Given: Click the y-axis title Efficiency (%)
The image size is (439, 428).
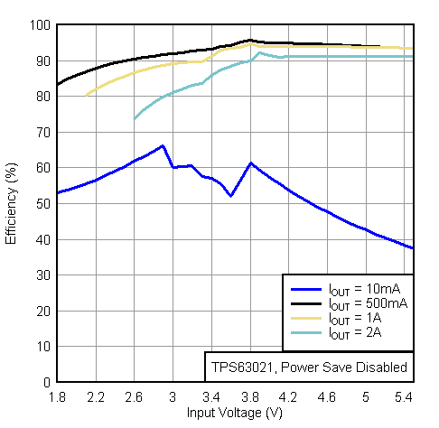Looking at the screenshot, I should tap(12, 203).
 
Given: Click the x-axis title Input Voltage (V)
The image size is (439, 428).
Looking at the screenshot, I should tap(235, 413).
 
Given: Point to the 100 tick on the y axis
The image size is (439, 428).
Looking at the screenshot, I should tap(39, 25).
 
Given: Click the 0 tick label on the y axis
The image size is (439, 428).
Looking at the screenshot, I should tap(45, 382).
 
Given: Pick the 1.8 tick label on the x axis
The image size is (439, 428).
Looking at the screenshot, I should tap(57, 397).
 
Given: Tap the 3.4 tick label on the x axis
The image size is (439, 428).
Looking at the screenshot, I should tap(211, 397).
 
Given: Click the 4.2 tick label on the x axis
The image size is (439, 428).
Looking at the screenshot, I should tap(288, 397).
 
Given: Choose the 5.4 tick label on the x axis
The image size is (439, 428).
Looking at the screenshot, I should tap(404, 397).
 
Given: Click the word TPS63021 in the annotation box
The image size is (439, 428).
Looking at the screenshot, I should tap(238, 367).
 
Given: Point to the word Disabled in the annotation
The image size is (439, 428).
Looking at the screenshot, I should tap(381, 367).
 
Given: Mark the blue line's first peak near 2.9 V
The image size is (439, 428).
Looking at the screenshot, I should tap(163, 145).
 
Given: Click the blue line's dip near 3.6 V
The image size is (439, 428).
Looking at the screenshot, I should tap(231, 196).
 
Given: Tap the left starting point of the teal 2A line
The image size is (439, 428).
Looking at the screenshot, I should tap(135, 119).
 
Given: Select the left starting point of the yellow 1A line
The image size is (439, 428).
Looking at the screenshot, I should tap(86, 95).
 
